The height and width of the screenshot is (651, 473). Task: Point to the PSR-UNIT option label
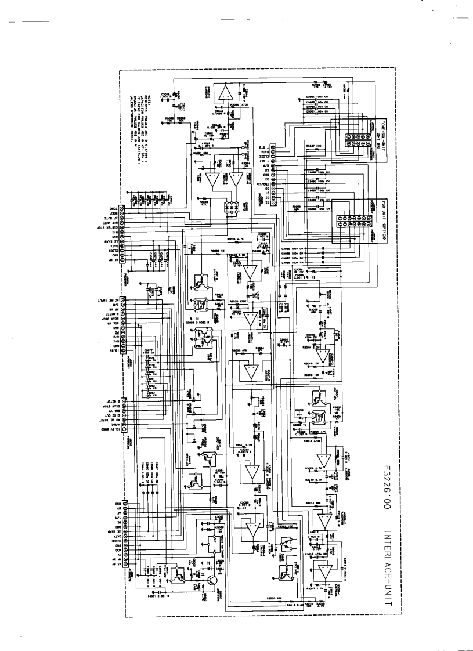[377, 215]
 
